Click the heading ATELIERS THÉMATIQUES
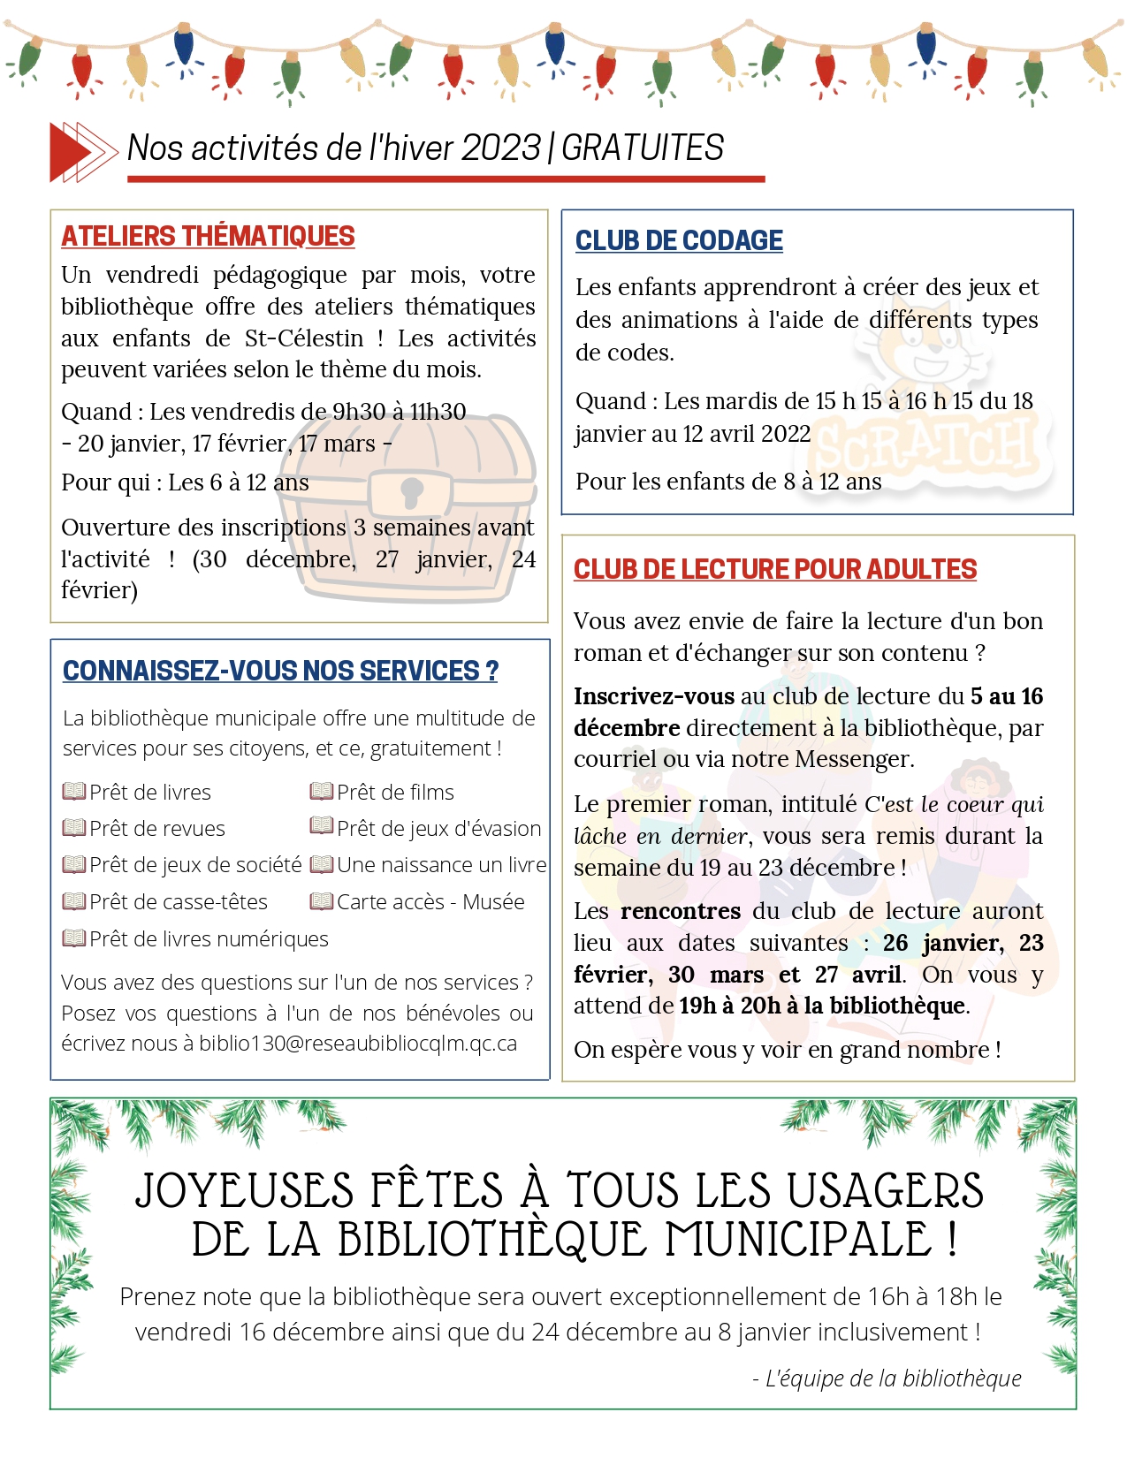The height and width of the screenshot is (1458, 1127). (x=208, y=237)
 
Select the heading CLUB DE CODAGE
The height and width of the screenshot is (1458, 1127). (x=679, y=241)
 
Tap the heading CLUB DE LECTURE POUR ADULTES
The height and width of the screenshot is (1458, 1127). (x=775, y=570)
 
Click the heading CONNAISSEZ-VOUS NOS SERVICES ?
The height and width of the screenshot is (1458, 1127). (x=280, y=672)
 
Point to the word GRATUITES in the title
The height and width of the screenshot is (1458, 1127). (x=643, y=148)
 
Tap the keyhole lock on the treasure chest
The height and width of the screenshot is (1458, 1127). (x=412, y=491)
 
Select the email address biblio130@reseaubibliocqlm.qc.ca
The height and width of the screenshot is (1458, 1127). (x=358, y=1044)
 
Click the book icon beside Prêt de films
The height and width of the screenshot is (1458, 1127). (x=321, y=792)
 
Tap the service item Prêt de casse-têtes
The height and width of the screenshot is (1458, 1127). (x=179, y=902)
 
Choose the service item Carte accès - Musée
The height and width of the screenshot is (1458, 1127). (x=430, y=902)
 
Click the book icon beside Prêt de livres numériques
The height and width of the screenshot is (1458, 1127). (x=73, y=938)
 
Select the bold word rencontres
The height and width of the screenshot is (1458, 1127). (x=681, y=911)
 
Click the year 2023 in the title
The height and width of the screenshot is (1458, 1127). (x=500, y=148)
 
